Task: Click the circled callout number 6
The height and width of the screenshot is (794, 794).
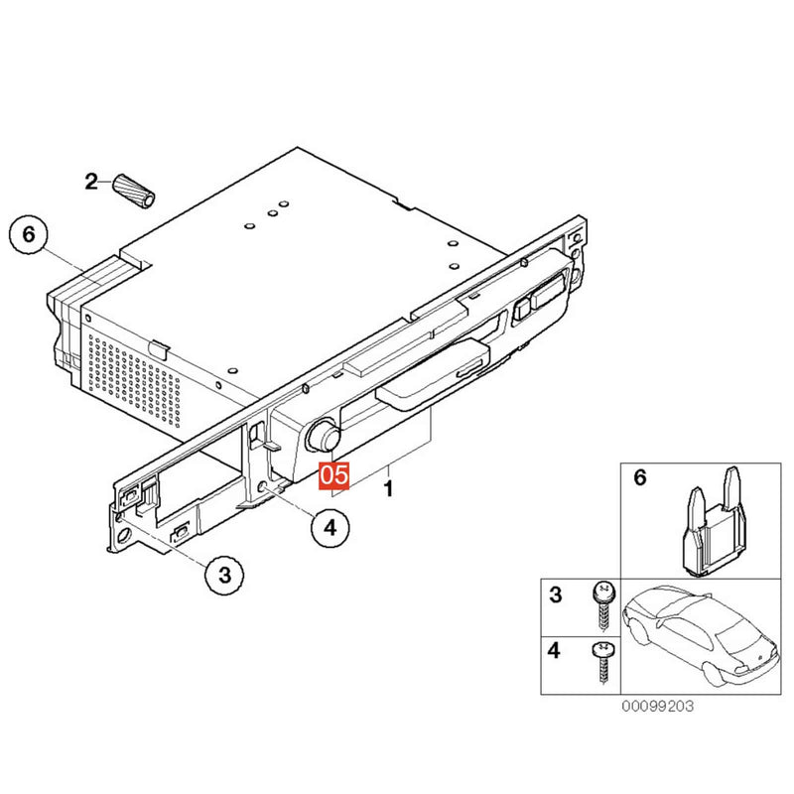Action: (29, 235)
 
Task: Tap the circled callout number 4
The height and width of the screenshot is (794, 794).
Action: (331, 528)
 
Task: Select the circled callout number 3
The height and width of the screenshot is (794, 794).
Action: (224, 576)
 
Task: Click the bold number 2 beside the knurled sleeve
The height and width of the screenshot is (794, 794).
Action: (91, 182)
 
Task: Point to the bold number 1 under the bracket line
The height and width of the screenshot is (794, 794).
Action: (388, 488)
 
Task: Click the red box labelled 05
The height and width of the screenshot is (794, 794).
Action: (334, 475)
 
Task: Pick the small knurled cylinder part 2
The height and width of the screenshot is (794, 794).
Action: (133, 191)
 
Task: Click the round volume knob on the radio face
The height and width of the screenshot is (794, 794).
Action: (322, 434)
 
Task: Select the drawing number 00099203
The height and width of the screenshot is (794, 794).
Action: (657, 706)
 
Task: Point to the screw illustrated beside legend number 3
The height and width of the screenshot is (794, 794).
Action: (604, 605)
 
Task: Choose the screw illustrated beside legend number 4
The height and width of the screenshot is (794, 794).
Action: (603, 662)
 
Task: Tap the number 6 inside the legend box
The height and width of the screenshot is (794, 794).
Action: (640, 477)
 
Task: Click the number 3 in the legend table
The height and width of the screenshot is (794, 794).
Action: (556, 595)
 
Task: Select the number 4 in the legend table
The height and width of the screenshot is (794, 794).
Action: (554, 650)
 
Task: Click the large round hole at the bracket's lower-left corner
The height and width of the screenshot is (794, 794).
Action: (123, 536)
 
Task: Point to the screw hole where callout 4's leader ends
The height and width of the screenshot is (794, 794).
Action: (263, 487)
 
